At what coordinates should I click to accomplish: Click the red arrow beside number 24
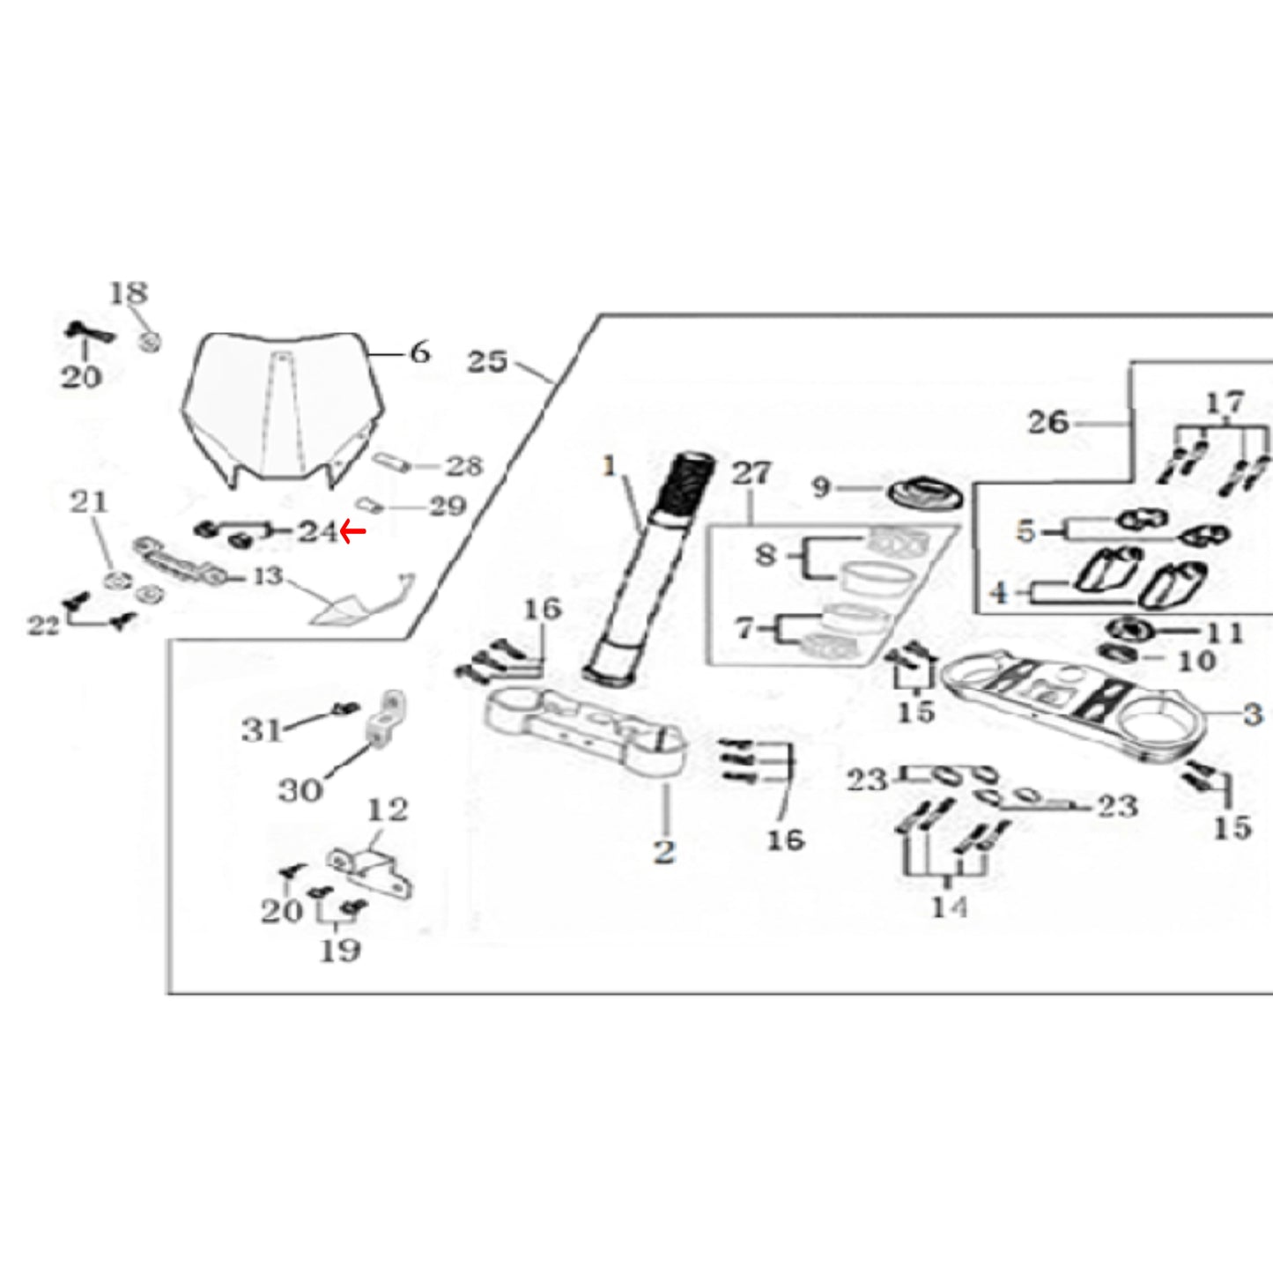[x=352, y=530]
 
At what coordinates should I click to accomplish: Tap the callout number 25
[x=487, y=361]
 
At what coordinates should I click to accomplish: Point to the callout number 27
[x=751, y=473]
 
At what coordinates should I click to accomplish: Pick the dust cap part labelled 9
[x=924, y=493]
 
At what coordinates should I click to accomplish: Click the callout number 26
[x=1047, y=422]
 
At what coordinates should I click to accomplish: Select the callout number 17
[x=1225, y=403]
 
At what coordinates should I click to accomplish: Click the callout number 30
[x=300, y=789]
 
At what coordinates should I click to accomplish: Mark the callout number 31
[x=263, y=730]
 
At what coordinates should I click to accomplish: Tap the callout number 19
[x=340, y=951]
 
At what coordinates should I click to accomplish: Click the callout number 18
[x=129, y=292]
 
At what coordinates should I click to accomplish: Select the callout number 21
[x=89, y=502]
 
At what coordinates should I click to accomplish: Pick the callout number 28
[x=463, y=466]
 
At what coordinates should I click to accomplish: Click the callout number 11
[x=1225, y=633]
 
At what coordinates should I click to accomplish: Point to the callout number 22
[x=43, y=625]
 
